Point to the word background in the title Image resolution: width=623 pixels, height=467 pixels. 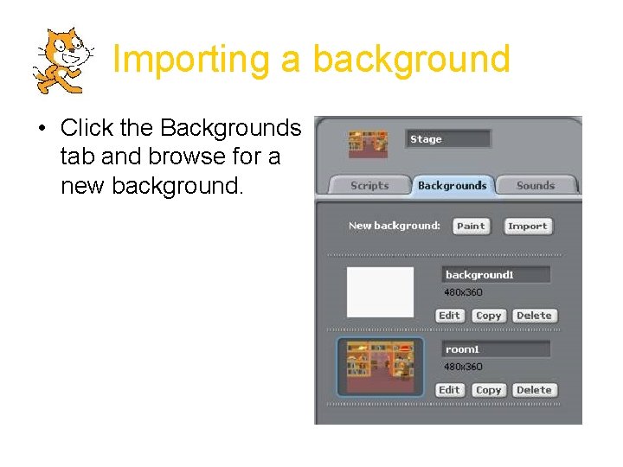[x=411, y=60]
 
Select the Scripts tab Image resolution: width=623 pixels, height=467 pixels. [x=369, y=185]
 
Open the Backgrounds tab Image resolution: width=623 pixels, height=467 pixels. [x=452, y=185]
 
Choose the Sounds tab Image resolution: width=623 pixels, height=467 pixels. [x=536, y=185]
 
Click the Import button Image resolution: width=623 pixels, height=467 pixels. [x=527, y=226]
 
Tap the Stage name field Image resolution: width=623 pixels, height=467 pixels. [x=448, y=139]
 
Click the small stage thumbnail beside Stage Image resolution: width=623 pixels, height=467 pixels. [x=368, y=144]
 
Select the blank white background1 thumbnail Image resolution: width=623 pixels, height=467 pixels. [x=380, y=292]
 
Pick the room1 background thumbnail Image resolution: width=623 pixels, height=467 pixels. [x=380, y=367]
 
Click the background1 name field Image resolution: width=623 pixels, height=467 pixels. [x=496, y=275]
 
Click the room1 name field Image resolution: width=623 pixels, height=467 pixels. [x=496, y=349]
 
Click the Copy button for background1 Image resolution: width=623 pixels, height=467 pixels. [x=488, y=316]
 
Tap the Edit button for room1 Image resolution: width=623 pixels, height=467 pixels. [x=449, y=390]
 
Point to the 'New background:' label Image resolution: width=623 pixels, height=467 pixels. [x=394, y=226]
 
